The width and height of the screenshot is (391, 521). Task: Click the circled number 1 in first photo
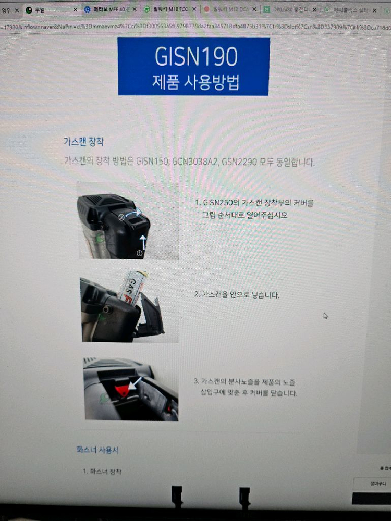pos(139,253)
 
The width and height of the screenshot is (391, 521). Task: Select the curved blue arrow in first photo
pos(133,212)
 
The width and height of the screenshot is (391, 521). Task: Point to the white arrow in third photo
pos(136,383)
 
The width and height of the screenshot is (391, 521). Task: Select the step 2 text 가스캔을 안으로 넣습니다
pos(237,295)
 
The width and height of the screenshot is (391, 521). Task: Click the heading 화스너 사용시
pos(94,450)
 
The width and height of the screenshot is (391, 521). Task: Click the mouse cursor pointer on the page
pos(325,315)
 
